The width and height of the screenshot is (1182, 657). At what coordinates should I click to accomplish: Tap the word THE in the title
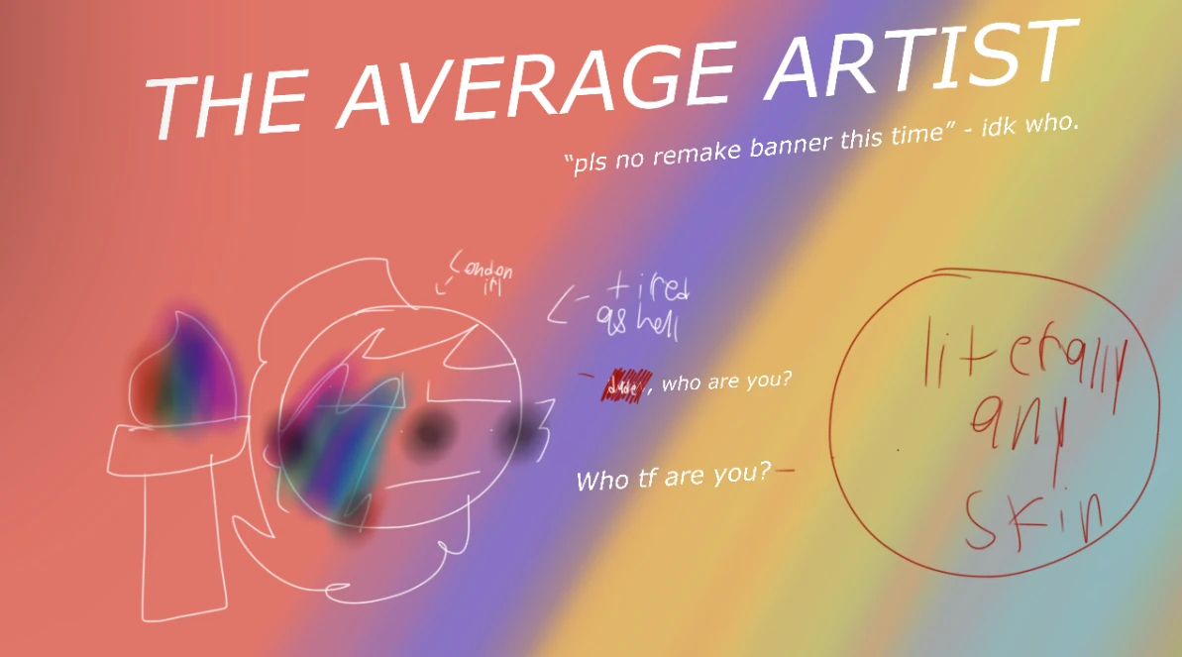pyautogui.click(x=228, y=99)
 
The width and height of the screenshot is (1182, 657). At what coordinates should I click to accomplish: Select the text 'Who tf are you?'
pyautogui.click(x=673, y=478)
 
